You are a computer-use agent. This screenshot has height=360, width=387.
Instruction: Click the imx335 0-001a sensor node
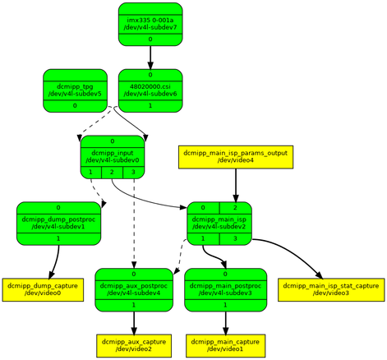150,24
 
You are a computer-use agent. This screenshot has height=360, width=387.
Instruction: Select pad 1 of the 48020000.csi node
150,106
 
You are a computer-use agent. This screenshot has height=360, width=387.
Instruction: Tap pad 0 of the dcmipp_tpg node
75,106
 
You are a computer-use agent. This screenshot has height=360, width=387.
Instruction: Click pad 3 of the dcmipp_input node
133,173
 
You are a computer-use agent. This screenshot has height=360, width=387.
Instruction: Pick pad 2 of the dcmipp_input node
113,173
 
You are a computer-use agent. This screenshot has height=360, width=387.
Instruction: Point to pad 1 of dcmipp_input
91,173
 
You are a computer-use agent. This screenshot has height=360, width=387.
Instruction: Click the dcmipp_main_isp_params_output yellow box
236,157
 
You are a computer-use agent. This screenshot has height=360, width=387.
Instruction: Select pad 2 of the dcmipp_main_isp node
235,208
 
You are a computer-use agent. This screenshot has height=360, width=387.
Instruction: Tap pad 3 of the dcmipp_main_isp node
235,239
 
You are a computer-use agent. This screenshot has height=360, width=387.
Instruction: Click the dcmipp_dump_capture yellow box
43,290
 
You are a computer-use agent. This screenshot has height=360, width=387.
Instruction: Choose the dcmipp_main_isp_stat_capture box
331,290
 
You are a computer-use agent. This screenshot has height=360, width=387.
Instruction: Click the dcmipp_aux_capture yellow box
134,346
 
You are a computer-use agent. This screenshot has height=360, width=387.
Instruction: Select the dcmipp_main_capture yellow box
225,346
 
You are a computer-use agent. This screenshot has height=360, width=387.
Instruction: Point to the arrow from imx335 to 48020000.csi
150,58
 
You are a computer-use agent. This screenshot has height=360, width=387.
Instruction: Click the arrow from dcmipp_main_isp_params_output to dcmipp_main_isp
236,185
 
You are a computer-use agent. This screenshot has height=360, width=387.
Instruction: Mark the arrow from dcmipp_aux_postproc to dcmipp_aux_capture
134,323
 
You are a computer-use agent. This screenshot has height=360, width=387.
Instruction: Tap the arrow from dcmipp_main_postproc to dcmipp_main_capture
225,323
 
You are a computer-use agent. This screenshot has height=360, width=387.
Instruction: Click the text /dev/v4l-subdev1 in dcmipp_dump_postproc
58,227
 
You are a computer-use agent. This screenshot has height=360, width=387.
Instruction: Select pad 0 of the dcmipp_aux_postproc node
134,275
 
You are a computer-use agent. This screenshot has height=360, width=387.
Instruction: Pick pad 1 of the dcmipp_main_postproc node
225,305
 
